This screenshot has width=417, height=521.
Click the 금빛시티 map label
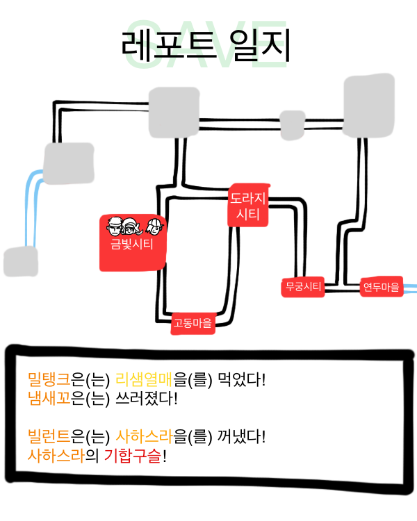pyautogui.click(x=132, y=244)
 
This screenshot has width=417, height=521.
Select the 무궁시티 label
pyautogui.click(x=303, y=286)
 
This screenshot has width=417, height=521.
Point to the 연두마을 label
pyautogui.click(x=381, y=286)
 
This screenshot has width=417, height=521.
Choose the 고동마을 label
pyautogui.click(x=193, y=322)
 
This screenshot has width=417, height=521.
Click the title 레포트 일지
pyautogui.click(x=205, y=47)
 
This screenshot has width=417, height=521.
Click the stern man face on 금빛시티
pyautogui.click(x=114, y=226)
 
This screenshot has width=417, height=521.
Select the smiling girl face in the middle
pyautogui.click(x=130, y=226)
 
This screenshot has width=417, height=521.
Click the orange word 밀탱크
pyautogui.click(x=49, y=380)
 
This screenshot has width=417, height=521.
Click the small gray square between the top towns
pyautogui.click(x=292, y=124)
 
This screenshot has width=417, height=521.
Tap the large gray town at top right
pyautogui.click(x=370, y=106)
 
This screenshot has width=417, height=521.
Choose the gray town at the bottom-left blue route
pyautogui.click(x=20, y=261)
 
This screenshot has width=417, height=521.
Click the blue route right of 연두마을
pyautogui.click(x=410, y=286)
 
